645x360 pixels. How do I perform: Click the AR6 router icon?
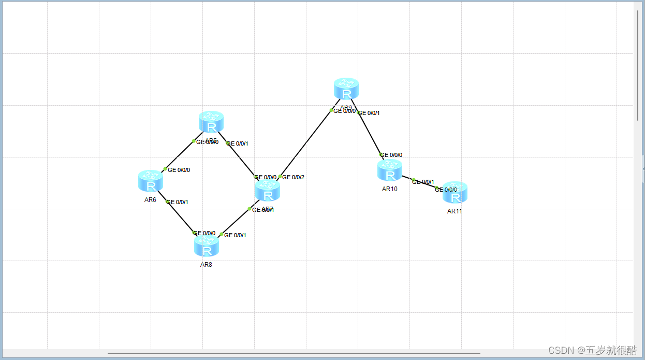click(151, 181)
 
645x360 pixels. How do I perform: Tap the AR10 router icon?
click(390, 170)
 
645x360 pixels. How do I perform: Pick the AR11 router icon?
click(455, 192)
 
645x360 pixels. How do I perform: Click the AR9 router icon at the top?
click(346, 89)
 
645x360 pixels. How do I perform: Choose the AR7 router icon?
click(268, 191)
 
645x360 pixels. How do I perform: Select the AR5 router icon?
click(211, 122)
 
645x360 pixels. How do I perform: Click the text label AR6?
click(150, 200)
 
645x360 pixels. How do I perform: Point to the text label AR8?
click(206, 265)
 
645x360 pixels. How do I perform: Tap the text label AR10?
click(390, 189)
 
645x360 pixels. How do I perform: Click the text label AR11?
click(455, 211)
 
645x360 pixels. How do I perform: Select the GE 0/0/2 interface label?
click(293, 177)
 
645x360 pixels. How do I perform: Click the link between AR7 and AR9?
click(305, 143)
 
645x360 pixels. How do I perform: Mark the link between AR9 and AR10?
click(370, 133)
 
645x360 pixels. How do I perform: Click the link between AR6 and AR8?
click(181, 218)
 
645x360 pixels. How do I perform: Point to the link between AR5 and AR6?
click(179, 155)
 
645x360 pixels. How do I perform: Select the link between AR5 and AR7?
click(241, 160)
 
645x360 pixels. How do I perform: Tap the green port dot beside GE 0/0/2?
click(280, 177)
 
